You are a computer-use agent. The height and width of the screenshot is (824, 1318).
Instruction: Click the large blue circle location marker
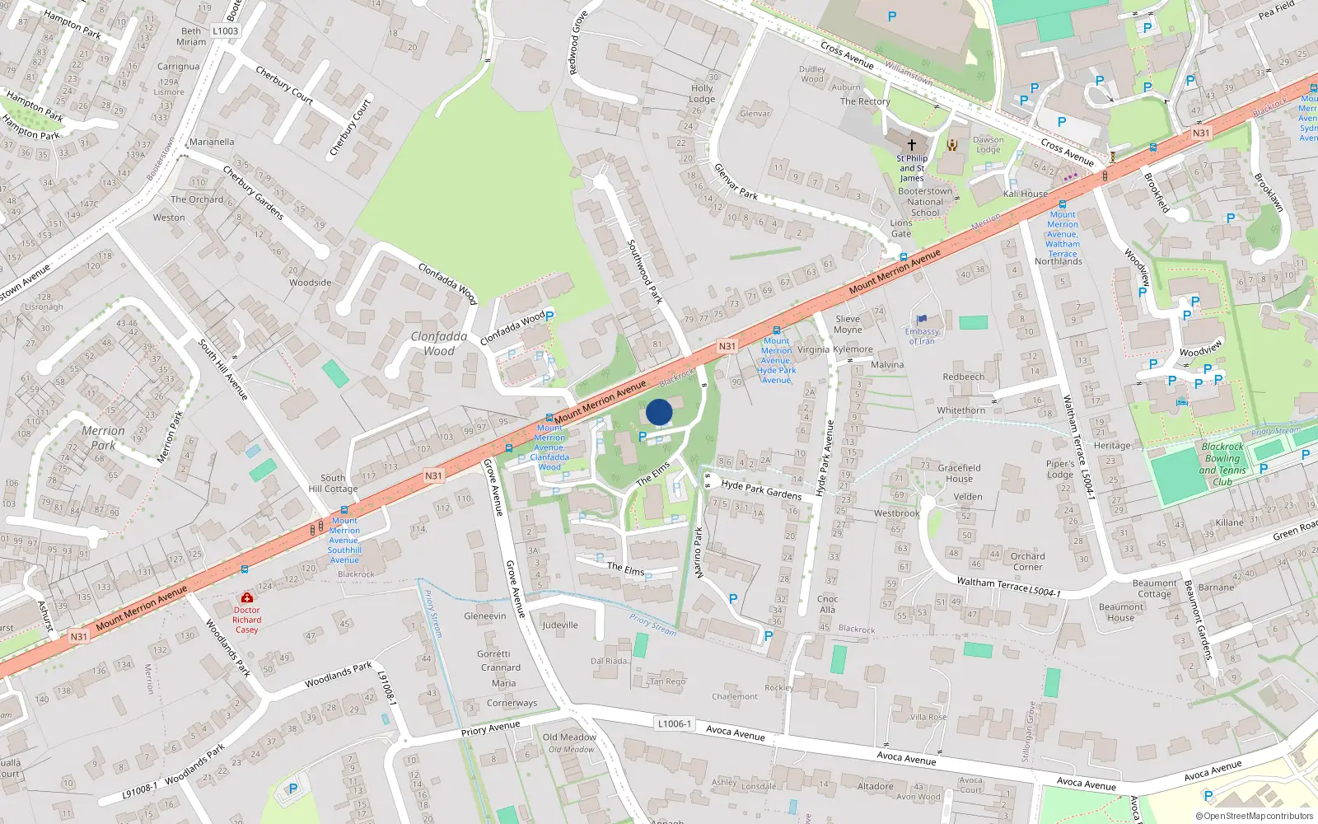pos(659,412)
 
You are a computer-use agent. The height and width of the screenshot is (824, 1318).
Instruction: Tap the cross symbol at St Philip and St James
pos(912,144)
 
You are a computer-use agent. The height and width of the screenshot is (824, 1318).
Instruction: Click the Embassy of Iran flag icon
pos(922,320)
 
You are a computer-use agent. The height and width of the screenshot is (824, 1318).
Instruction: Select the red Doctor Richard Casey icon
pos(246,597)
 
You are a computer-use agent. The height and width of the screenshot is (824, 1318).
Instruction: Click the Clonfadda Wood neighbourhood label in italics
pos(439,344)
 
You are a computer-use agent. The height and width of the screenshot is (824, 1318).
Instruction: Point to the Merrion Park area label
pos(103,438)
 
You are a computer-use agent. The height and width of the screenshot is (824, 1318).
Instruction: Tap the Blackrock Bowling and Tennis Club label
pos(1222,464)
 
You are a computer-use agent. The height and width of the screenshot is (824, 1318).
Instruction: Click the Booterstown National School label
pos(925,202)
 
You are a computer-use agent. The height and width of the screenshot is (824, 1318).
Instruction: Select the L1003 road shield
pos(225,31)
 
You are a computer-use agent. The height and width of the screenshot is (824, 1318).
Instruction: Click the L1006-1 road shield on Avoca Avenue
pos(675,723)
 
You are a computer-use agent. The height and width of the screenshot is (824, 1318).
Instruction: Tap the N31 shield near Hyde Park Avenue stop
pos(727,346)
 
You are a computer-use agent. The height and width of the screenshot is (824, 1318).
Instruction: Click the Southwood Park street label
pos(645,271)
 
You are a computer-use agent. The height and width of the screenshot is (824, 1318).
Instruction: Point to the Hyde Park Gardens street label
pos(761,489)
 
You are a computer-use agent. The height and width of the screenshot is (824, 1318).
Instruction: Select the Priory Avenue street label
pos(490,728)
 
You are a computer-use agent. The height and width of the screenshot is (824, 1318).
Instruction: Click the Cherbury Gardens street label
pos(253,192)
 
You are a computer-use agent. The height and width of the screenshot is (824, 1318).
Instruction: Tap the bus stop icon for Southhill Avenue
pos(344,510)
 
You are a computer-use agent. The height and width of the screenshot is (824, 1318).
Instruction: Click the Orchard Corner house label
pos(1027,561)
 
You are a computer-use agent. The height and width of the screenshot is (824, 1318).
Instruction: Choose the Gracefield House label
pos(959,473)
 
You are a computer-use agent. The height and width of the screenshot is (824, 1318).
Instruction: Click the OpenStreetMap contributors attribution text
pos(1255,817)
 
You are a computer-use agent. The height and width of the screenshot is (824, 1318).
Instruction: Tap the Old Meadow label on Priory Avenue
pos(569,737)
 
